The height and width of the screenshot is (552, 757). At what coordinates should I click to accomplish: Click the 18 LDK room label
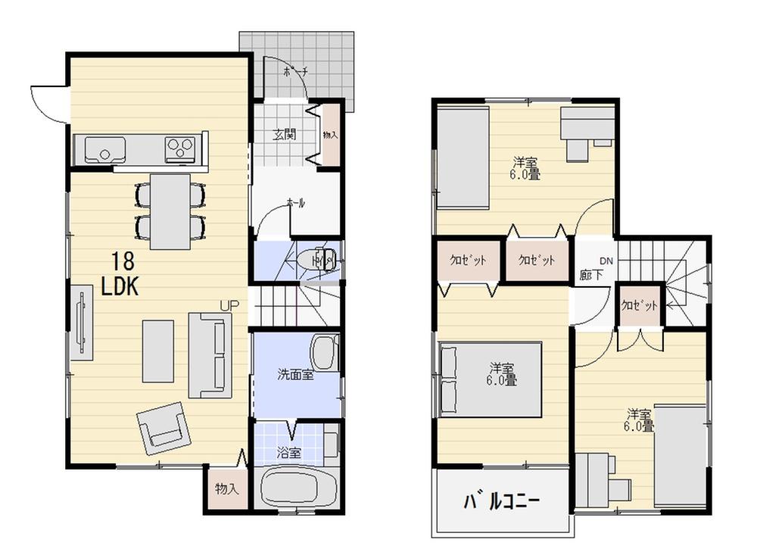(x=120, y=274)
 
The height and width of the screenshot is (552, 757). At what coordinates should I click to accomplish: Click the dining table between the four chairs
(x=170, y=211)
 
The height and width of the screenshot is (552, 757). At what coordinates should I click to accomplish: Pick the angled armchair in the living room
(x=163, y=426)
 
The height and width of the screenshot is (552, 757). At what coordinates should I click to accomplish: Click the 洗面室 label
(x=295, y=373)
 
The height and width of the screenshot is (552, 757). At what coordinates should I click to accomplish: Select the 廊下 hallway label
(x=591, y=275)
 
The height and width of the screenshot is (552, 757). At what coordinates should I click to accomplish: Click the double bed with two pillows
(x=491, y=379)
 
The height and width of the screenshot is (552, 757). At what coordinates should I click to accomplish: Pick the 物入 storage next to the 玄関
(x=331, y=134)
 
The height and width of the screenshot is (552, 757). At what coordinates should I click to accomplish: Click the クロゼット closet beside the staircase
(x=640, y=305)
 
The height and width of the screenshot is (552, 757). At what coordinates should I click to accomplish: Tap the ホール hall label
(x=295, y=202)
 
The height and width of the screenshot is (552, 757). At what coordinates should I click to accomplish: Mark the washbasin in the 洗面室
(x=323, y=352)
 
